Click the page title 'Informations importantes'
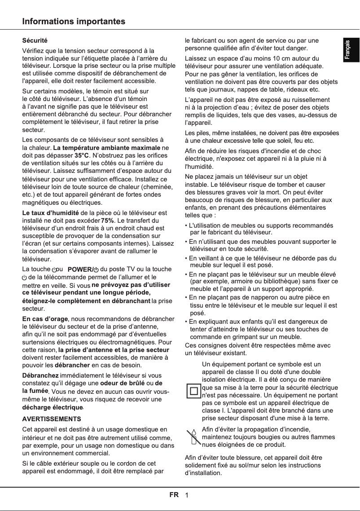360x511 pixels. pyautogui.click(x=74, y=22)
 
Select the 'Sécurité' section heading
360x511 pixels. pyautogui.click(x=35, y=41)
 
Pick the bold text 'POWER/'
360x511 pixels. pyautogui.click(x=80, y=269)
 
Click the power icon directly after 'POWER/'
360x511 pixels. pyautogui.click(x=97, y=269)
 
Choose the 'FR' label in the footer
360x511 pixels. pyautogui.click(x=174, y=495)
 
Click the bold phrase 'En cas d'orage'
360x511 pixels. pyautogui.click(x=45, y=319)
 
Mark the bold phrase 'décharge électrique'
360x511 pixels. pyautogui.click(x=53, y=408)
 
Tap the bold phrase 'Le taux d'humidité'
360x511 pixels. pyautogui.click(x=51, y=212)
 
